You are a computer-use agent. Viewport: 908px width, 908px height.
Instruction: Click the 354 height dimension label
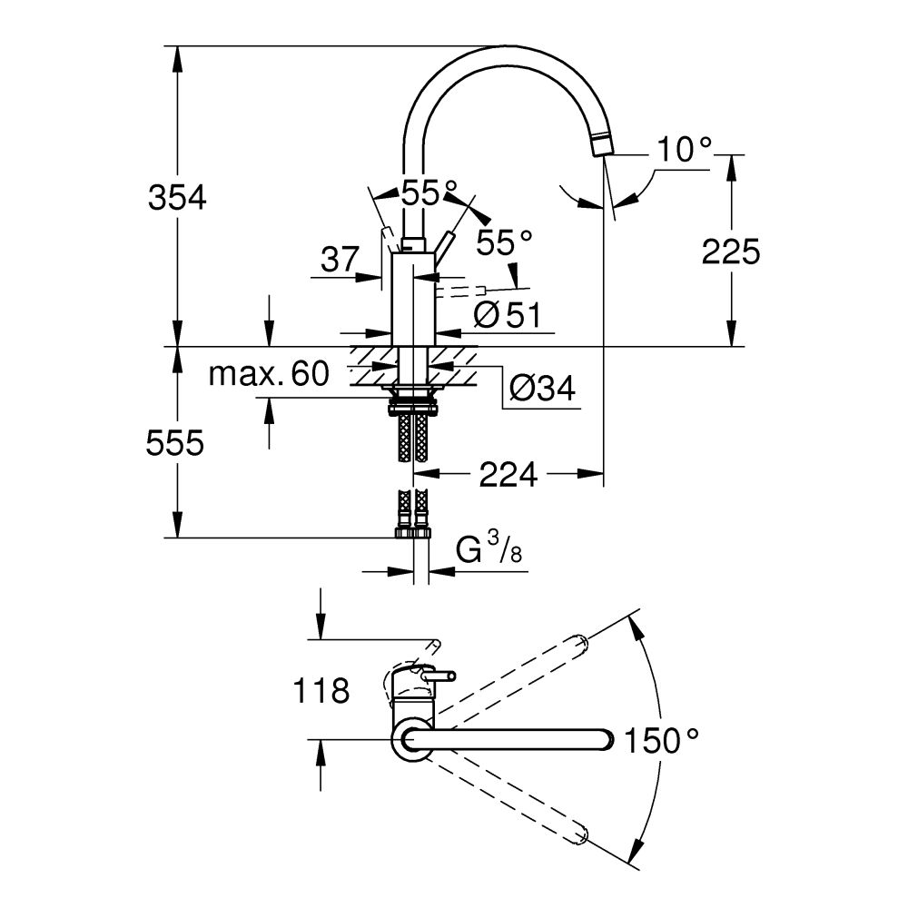click(177, 197)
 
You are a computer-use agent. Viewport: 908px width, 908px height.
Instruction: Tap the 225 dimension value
click(730, 252)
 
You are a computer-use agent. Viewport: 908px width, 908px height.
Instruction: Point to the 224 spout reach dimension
click(509, 473)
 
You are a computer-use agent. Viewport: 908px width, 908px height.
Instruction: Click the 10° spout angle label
click(685, 150)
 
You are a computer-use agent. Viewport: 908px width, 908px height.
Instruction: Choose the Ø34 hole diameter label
click(542, 389)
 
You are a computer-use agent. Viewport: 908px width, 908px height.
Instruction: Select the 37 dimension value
click(340, 261)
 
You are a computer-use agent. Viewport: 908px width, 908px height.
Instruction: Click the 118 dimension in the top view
click(321, 692)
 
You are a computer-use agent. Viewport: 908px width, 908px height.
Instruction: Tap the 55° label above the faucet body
click(429, 193)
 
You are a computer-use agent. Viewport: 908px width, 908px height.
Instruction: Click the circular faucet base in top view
click(410, 740)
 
